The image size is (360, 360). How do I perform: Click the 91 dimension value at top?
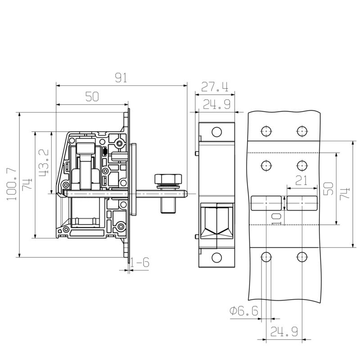(x=121, y=78)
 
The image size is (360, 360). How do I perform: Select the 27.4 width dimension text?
(x=214, y=87)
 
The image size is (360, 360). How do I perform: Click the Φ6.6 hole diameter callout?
(x=243, y=311)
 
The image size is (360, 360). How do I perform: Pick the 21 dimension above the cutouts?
(x=301, y=181)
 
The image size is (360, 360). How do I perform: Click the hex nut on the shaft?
(x=167, y=179)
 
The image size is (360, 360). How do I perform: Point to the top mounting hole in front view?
(x=216, y=132)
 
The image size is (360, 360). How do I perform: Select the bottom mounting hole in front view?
(x=216, y=258)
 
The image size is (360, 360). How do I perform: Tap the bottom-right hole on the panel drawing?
(x=301, y=257)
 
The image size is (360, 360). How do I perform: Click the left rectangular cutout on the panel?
(x=265, y=203)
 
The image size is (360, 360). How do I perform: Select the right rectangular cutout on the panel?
(x=301, y=203)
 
